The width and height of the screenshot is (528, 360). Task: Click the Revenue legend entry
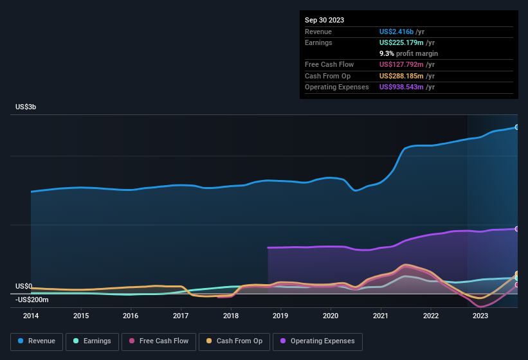[37, 341]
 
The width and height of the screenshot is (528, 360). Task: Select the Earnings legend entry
[92, 341]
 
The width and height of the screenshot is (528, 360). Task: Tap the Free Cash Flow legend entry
[159, 341]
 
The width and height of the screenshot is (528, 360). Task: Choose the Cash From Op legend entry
[233, 341]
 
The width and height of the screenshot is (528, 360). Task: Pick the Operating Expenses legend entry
[318, 341]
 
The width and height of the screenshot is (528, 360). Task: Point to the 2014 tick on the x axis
[31, 316]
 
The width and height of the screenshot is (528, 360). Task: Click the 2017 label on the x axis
[181, 316]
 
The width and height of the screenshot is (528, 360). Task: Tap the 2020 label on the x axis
[331, 316]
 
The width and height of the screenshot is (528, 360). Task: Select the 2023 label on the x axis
[480, 316]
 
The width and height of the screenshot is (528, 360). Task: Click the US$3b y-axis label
[26, 107]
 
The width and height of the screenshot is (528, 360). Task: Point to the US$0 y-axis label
[24, 286]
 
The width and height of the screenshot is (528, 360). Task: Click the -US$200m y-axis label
[32, 300]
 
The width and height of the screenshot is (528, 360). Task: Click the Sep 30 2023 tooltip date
[324, 20]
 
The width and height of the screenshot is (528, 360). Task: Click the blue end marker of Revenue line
[517, 127]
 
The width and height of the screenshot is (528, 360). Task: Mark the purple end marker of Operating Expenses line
[517, 229]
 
